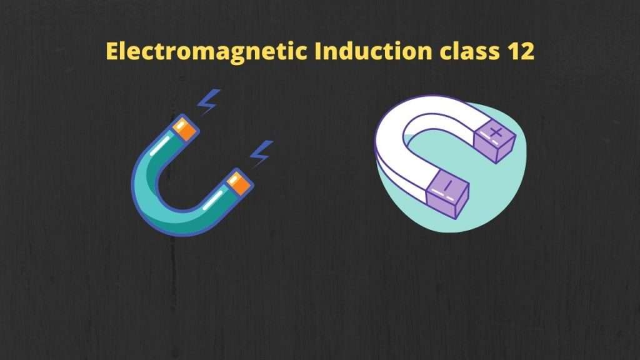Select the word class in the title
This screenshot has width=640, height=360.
(x=465, y=51)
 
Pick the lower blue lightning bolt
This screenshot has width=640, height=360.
(x=261, y=152)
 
